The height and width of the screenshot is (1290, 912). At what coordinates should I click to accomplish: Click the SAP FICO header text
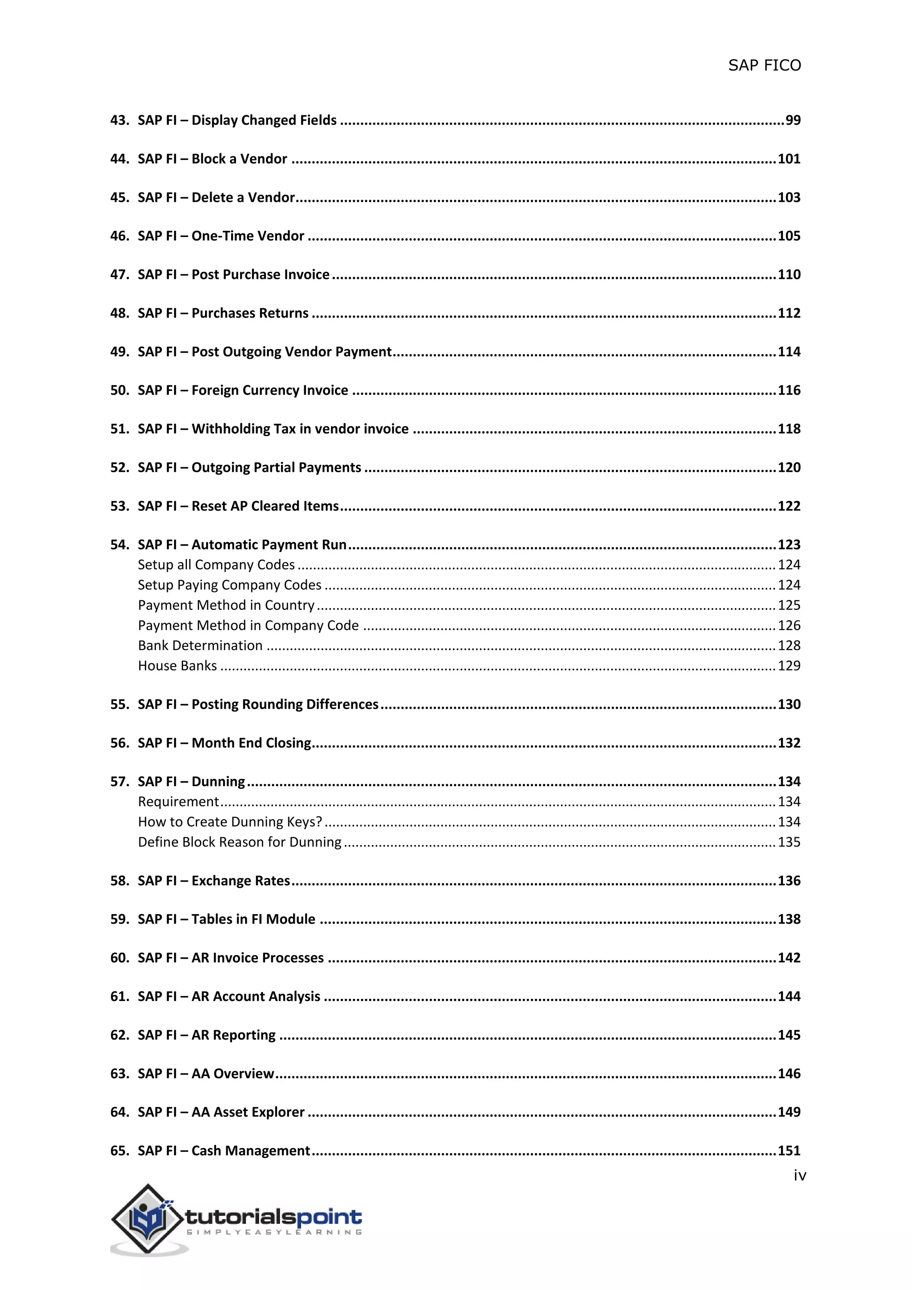click(764, 66)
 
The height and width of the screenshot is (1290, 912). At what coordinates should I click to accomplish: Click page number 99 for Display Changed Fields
click(792, 120)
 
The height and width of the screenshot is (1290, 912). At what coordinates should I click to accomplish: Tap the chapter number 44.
click(119, 159)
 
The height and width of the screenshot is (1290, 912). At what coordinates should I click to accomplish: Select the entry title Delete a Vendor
click(243, 197)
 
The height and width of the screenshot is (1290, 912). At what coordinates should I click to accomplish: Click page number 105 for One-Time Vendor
click(789, 236)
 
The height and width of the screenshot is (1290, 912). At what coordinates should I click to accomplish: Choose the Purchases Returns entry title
click(250, 313)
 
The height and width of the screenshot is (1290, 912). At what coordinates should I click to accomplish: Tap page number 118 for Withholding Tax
click(789, 429)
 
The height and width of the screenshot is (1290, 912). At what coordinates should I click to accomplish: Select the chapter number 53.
click(119, 506)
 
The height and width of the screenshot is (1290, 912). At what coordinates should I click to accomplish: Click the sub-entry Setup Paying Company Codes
click(230, 585)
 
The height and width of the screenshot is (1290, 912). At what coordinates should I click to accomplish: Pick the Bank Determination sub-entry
click(200, 645)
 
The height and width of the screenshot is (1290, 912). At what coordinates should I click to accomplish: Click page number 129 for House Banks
click(789, 666)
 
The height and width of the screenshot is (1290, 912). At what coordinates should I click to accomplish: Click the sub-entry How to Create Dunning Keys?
click(230, 822)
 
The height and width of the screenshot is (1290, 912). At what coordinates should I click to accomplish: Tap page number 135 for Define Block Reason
click(789, 842)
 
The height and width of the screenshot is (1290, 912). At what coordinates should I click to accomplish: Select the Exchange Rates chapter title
click(240, 881)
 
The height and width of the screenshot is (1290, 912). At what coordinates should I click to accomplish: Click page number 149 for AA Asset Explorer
click(789, 1112)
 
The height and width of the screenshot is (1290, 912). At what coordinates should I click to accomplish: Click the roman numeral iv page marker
click(800, 1176)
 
